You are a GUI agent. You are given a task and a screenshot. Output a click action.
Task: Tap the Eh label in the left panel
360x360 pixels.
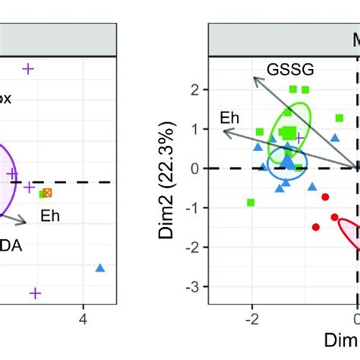point(51,215)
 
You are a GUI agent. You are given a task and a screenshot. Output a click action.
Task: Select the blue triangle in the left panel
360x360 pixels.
point(99,267)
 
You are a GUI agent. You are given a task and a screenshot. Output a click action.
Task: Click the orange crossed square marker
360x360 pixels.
point(48,193)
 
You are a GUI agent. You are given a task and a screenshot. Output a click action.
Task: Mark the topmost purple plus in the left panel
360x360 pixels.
point(28,69)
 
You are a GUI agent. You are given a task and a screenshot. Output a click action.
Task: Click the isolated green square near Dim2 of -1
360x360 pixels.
point(251,202)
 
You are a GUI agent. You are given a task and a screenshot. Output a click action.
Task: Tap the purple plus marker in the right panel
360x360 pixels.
point(299,137)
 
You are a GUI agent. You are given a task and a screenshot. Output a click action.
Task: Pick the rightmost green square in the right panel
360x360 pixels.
point(339,118)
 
